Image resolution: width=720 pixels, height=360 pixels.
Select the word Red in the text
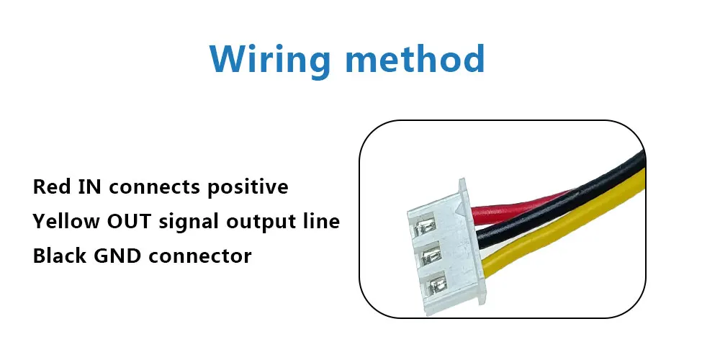click(49, 187)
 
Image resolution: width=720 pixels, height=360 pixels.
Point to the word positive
click(248, 188)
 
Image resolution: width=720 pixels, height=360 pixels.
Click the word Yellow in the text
click(63, 222)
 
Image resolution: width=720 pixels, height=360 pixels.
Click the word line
click(321, 222)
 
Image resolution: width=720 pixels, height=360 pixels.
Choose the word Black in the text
click(56, 256)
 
